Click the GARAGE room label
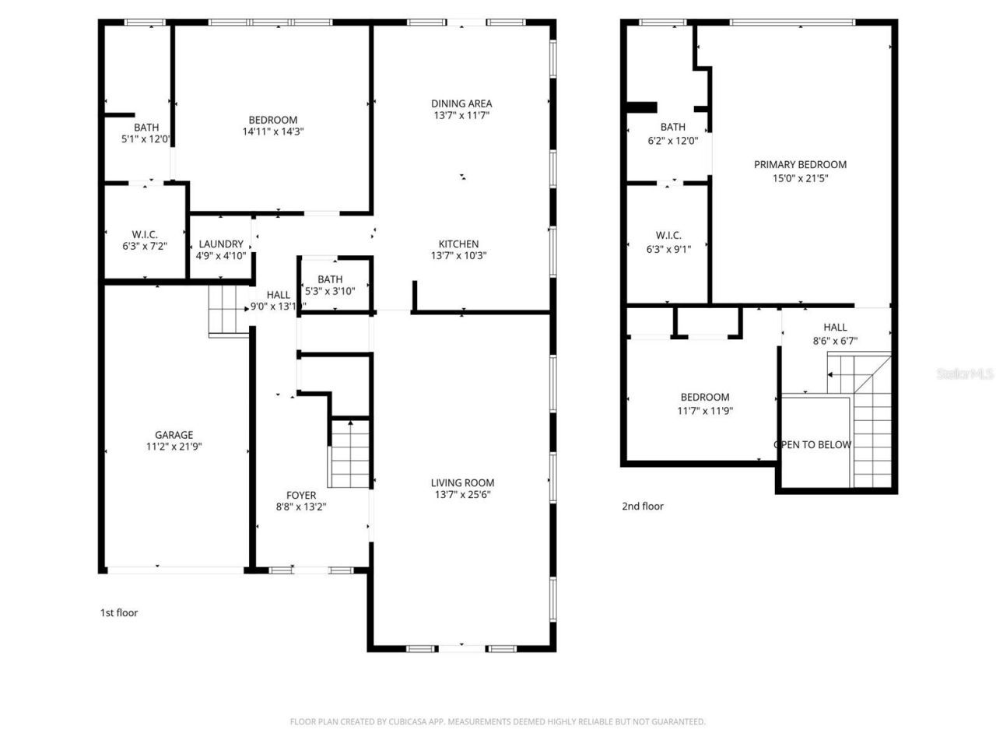point(174,435)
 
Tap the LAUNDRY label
point(221,244)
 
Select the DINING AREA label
point(461,103)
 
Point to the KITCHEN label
point(458,244)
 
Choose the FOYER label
point(301,495)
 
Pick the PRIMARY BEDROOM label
point(800,164)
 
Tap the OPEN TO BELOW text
point(812,445)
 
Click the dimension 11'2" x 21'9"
point(174,447)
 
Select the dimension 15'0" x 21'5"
point(800,177)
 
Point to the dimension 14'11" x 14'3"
point(272,132)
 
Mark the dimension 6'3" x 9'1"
point(668,249)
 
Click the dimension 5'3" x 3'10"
point(330,291)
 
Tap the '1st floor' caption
point(119,612)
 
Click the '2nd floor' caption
point(643,506)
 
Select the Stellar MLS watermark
point(964,374)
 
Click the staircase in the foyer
point(350,455)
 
